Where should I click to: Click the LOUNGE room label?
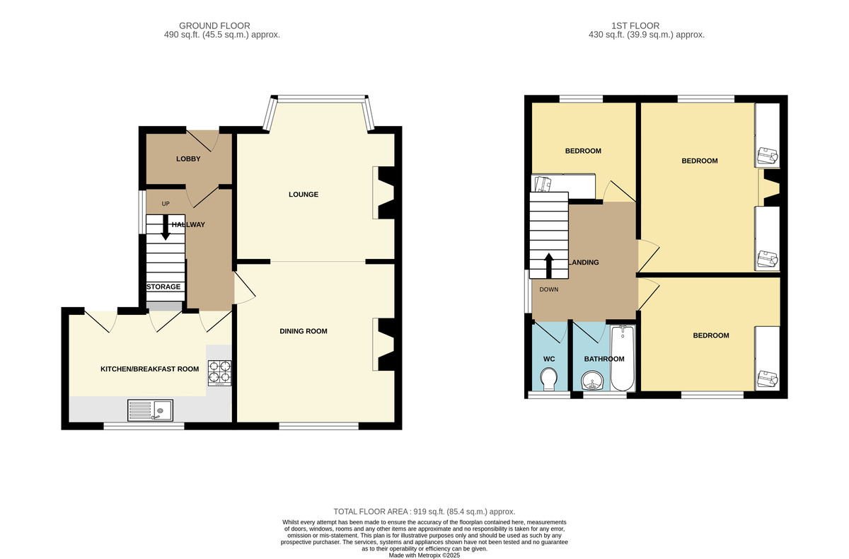tap(304, 195)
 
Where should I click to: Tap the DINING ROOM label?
tap(304, 331)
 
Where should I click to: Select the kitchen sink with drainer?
tap(150, 410)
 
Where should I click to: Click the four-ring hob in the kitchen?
tap(219, 373)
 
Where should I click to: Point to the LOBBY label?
tap(188, 159)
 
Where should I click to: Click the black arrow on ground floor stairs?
tap(166, 227)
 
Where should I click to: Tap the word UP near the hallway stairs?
tap(166, 204)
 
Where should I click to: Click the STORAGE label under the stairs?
tap(163, 287)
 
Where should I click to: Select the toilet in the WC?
tap(549, 379)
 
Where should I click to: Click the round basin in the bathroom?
tap(591, 381)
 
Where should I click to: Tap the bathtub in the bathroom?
tap(623, 358)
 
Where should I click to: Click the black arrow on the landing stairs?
tap(549, 265)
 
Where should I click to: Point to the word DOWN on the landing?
tap(549, 289)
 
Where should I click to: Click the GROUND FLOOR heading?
tap(214, 25)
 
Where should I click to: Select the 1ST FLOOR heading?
tap(635, 25)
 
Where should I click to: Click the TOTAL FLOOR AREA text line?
tap(424, 512)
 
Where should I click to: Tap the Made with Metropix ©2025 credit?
tap(424, 555)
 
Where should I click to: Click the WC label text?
tap(549, 359)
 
